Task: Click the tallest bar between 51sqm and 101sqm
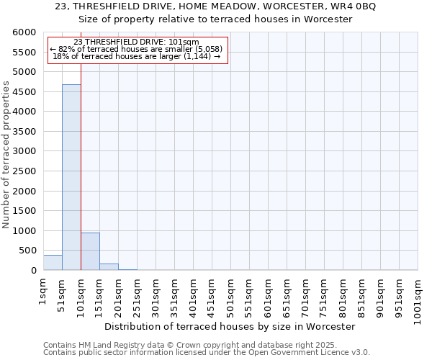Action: click(71, 177)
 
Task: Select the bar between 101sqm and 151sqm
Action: click(90, 251)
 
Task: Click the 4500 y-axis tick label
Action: click(24, 92)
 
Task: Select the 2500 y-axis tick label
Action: click(24, 171)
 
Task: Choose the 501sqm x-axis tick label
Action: click(230, 294)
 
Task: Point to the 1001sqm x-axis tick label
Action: click(418, 297)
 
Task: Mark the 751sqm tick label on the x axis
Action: click(324, 294)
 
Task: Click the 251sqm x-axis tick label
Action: click(137, 294)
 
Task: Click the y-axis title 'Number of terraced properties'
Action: click(6, 155)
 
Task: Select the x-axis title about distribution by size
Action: click(230, 326)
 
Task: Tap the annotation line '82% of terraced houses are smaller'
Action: click(137, 49)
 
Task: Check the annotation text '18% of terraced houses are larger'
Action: click(137, 56)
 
